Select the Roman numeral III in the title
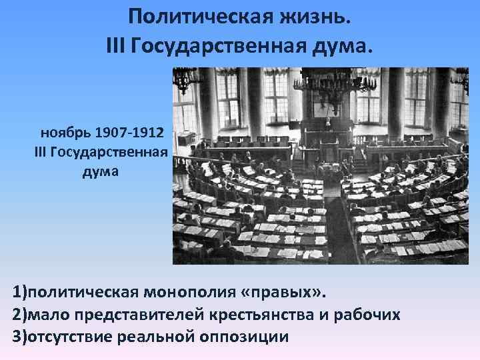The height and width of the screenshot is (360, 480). coord(115,46)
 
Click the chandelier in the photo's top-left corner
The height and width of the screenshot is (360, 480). coord(187,80)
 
